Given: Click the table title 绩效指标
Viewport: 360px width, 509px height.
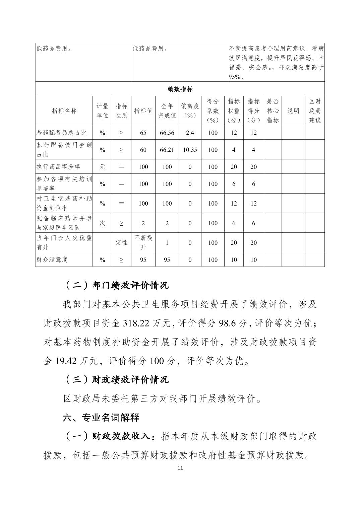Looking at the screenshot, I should coord(180,89).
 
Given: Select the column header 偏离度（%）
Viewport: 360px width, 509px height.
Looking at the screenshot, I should coord(190,111).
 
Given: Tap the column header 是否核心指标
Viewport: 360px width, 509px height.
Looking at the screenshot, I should coord(273,111).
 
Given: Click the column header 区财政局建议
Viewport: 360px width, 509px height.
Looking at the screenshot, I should coord(315,111).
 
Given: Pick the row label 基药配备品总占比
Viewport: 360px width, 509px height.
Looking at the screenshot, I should coord(62,133).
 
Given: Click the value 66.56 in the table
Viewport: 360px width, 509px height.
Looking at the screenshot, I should coord(167,133).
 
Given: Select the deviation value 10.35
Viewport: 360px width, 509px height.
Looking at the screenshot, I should coord(190,150).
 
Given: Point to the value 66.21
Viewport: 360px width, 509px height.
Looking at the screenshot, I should coord(167,150).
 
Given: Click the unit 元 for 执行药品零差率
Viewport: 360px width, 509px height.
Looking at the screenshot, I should coord(102,167).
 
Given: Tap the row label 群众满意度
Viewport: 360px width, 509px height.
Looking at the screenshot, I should coord(52,260).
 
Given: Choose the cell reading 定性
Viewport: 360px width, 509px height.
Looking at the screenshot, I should coord(121,242).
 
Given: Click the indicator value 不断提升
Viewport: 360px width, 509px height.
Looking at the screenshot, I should coord(143,242).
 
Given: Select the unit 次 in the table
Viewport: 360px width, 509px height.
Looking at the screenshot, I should coord(102,223).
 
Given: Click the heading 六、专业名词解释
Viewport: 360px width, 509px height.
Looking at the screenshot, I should coord(101,418).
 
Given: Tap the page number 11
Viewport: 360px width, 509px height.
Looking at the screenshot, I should coord(180,468).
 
